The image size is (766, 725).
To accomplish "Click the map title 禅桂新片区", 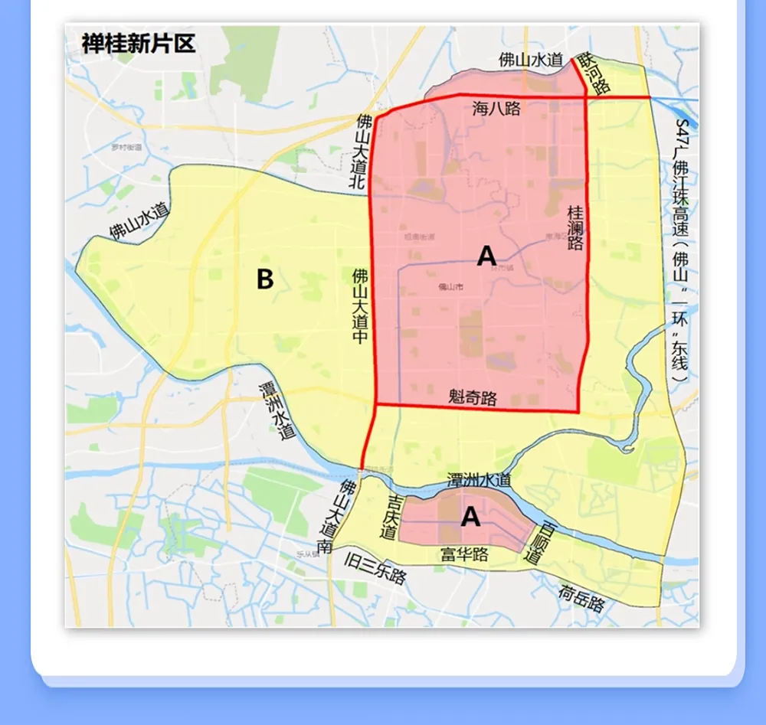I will point(139,44).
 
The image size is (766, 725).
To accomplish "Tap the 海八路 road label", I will point(496,109).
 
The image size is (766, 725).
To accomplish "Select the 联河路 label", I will point(594,73).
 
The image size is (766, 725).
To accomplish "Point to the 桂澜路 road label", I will point(575,227).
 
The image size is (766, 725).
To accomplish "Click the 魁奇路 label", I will point(473,398).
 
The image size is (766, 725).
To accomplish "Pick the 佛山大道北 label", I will point(359,152).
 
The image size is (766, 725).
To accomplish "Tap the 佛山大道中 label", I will point(360,305).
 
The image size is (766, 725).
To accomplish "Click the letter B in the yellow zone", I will point(264,279).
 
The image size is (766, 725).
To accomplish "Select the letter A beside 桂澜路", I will point(486,256).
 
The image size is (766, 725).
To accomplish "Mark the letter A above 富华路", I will point(470,518).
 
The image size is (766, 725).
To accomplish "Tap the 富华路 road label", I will point(464,554).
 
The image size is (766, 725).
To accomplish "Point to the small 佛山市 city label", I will point(447,287).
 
